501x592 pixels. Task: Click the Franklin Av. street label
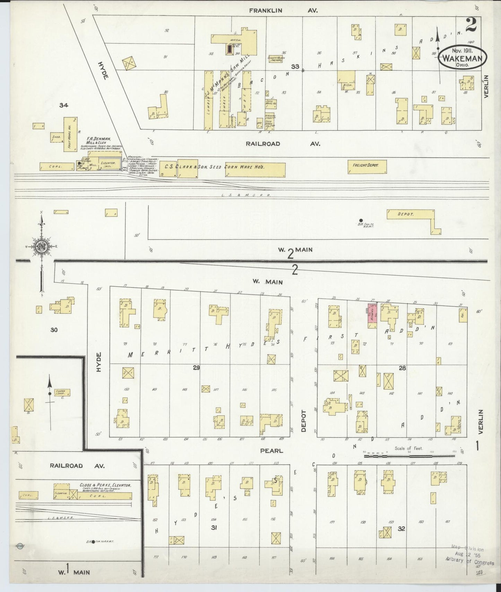click(x=283, y=11)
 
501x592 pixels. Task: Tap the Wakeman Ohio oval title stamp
click(x=462, y=58)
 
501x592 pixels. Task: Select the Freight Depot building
click(x=367, y=166)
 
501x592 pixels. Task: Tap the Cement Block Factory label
click(x=276, y=59)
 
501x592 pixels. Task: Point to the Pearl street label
click(x=272, y=451)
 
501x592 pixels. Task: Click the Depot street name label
click(x=304, y=421)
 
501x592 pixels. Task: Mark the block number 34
click(x=63, y=105)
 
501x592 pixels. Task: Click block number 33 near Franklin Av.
click(x=295, y=66)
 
